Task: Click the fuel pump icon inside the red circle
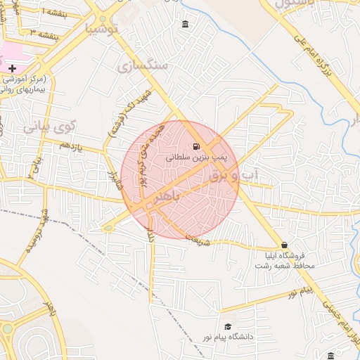pyautogui.click(x=193, y=147)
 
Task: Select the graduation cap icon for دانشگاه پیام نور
pyautogui.click(x=227, y=326)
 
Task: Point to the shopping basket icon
pyautogui.click(x=284, y=245)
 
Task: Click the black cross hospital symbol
pyautogui.click(x=12, y=67)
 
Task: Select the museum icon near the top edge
pyautogui.click(x=185, y=25)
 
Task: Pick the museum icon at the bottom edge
pyautogui.click(x=331, y=355)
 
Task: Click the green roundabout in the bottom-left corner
pyautogui.click(x=7, y=328)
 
